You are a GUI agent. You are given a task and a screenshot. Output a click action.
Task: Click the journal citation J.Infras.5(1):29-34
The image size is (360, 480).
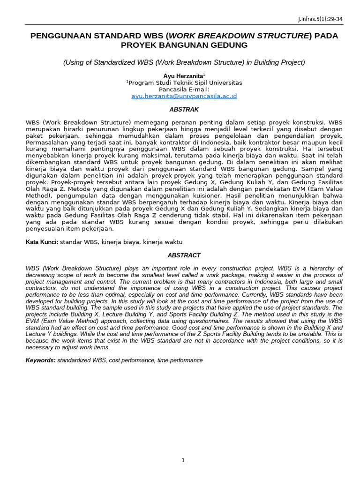(321, 20)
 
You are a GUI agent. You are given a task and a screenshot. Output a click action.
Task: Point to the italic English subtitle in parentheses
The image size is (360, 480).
(184, 62)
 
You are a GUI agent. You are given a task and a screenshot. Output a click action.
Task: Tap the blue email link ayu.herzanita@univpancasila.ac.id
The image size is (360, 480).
(184, 96)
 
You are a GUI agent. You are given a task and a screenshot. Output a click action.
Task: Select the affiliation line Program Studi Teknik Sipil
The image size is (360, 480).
(184, 82)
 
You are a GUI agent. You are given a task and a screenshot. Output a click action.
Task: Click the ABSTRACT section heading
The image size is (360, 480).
(184, 255)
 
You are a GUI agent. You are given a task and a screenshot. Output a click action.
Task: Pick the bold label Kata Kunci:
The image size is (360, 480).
(42, 242)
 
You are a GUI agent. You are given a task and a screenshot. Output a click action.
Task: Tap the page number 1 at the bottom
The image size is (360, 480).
(183, 460)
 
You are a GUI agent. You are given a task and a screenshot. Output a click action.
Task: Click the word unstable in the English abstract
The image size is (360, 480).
(309, 335)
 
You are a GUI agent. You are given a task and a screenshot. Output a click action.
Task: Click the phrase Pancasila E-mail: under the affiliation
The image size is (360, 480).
(184, 89)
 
